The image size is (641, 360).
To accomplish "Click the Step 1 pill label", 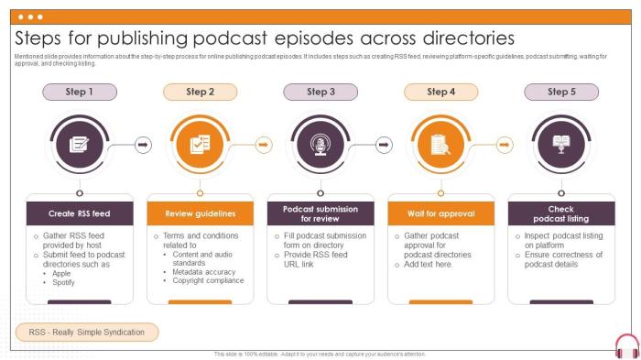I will [80, 92].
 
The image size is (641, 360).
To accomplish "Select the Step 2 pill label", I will [200, 92].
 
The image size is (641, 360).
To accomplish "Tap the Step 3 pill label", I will [320, 92].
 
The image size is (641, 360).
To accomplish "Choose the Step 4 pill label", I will [440, 92].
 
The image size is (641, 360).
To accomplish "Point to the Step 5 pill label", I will [560, 92].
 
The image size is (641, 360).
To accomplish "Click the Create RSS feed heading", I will [80, 213].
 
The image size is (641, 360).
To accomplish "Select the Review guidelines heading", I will [200, 213].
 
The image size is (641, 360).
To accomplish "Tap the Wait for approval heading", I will [440, 213].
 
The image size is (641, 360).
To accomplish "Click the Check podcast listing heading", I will [560, 213].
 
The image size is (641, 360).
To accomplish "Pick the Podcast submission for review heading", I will [320, 213].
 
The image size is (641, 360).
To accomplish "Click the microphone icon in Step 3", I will [320, 144].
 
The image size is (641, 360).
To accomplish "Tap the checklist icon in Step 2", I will [200, 144].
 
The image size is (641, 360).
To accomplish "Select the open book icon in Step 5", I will [560, 144].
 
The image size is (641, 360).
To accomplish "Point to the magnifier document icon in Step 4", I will [440, 144].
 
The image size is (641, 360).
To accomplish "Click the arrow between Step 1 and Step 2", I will [142, 144].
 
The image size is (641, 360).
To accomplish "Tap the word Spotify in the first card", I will [65, 282].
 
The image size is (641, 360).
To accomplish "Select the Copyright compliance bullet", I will [206, 280].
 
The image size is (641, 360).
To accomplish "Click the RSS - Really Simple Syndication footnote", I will [87, 332].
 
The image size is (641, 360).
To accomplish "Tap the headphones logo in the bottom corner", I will [626, 346].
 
